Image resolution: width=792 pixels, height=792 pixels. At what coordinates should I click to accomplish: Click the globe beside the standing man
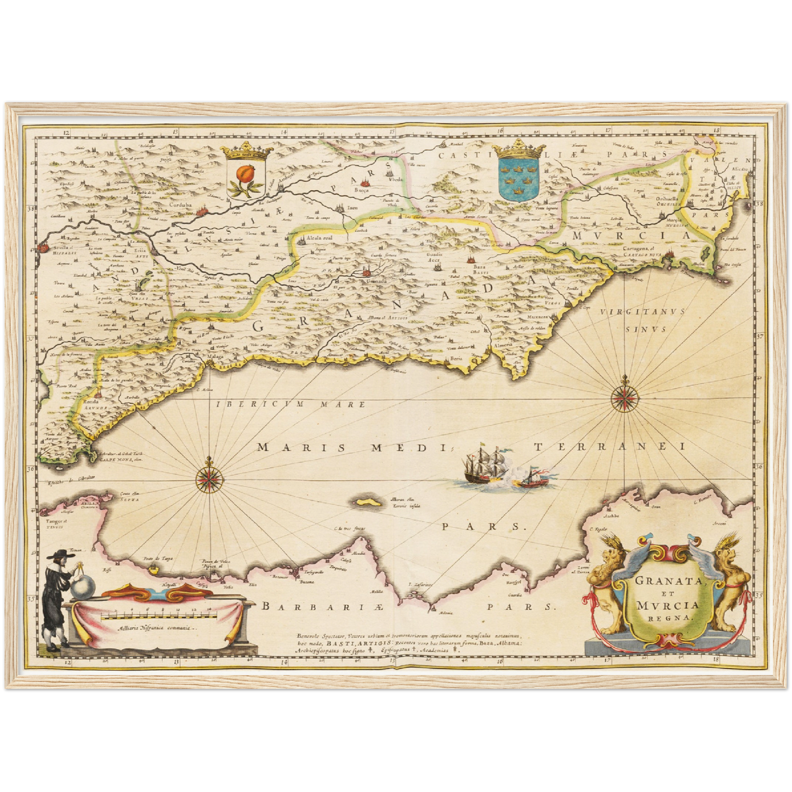[x=82, y=589]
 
